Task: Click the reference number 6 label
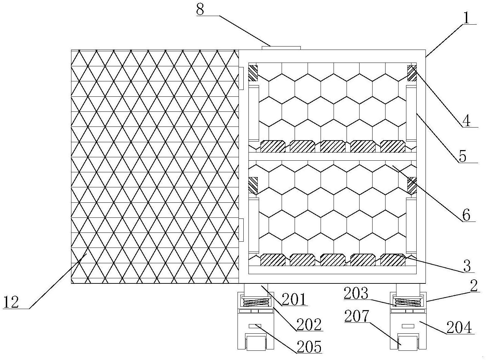coord(466,215)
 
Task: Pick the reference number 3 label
coord(467,266)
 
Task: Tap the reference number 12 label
coord(11,302)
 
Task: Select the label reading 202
coord(309,324)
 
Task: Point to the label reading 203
coord(356,293)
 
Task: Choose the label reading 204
coord(459,327)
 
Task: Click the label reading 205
coord(309,347)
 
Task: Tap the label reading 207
coord(357,317)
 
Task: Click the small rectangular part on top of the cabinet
coord(281,48)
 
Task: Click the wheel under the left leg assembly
coord(256,342)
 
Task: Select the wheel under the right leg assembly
coord(408,342)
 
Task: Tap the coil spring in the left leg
coord(256,302)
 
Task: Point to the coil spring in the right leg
coord(408,302)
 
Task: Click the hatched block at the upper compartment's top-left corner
coord(253,73)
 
